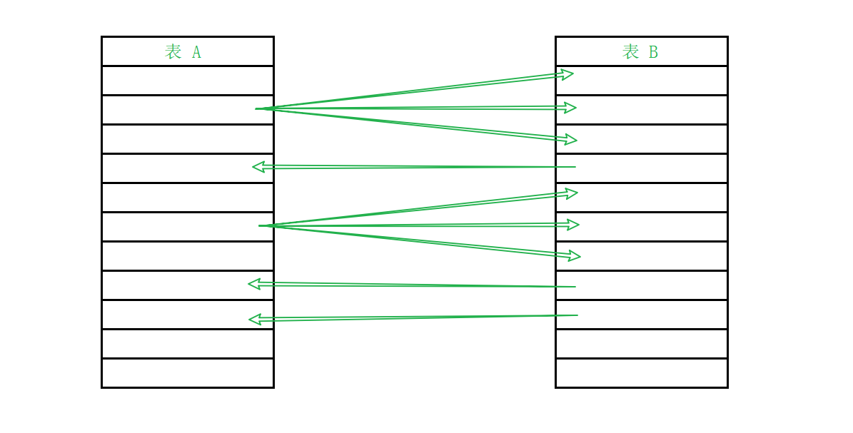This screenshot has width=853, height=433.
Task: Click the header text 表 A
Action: tap(183, 52)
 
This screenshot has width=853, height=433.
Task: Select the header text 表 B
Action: tap(640, 52)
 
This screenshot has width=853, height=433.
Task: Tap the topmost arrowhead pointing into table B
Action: tap(567, 73)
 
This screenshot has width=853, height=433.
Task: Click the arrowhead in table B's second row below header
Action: tap(570, 108)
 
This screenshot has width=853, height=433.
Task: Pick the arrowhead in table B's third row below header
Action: tap(570, 139)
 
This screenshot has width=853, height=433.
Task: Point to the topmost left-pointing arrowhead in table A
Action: tap(258, 167)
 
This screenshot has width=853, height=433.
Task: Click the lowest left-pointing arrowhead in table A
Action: tap(254, 319)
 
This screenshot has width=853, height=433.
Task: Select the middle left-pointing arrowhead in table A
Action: tap(254, 283)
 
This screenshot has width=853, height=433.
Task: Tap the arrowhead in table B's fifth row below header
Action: tap(571, 193)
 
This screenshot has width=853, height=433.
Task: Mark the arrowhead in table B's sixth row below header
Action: tap(572, 225)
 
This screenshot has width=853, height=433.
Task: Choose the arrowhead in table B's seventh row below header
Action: tap(574, 255)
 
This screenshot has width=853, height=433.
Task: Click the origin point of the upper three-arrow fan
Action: tap(258, 109)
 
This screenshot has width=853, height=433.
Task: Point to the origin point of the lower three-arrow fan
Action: tap(261, 226)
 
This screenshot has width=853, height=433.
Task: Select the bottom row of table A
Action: tap(187, 373)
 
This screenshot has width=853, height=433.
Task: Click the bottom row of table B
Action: tap(641, 373)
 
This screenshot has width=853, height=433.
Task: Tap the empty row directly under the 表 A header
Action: tap(187, 81)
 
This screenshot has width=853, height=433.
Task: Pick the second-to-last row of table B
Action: tap(641, 344)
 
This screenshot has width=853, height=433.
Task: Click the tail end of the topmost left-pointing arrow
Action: tap(574, 167)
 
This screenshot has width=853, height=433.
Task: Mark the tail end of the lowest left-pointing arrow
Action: tap(576, 315)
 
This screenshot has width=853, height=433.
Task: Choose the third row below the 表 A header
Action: tap(187, 139)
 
